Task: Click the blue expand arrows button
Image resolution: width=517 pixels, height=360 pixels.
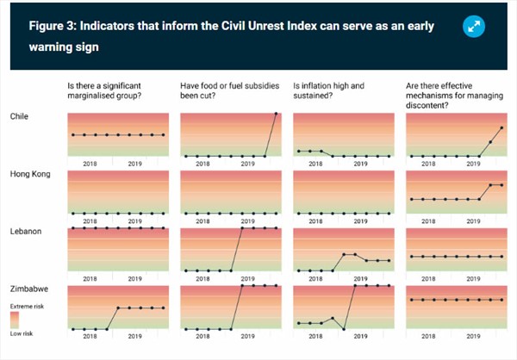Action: [x=474, y=28]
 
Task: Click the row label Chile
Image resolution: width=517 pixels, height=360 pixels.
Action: [x=22, y=115]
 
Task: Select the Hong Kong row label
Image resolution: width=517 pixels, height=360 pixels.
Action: [x=31, y=174]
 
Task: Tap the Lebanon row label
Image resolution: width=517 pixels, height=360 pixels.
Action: [x=26, y=231]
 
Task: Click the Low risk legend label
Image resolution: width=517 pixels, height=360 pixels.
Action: [x=22, y=333]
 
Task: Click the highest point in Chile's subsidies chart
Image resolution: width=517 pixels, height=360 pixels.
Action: [x=276, y=114]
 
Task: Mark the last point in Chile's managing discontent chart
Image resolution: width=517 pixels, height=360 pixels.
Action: [x=501, y=127]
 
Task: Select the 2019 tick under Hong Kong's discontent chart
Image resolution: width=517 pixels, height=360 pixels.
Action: [x=474, y=220]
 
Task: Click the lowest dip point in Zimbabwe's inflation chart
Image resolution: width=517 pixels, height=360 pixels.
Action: [x=344, y=329]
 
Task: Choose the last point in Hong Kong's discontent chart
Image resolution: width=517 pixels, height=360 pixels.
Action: [x=501, y=185]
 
